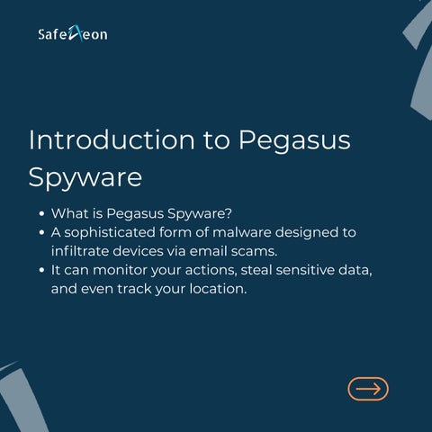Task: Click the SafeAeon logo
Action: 73,33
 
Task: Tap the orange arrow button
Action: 368,389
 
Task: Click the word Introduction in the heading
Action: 112,139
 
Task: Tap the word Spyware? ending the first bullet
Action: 200,215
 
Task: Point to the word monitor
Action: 121,270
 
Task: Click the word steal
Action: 256,270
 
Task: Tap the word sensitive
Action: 305,270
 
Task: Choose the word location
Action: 218,289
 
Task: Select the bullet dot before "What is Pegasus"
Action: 41,213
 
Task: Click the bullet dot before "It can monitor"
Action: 41,270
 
